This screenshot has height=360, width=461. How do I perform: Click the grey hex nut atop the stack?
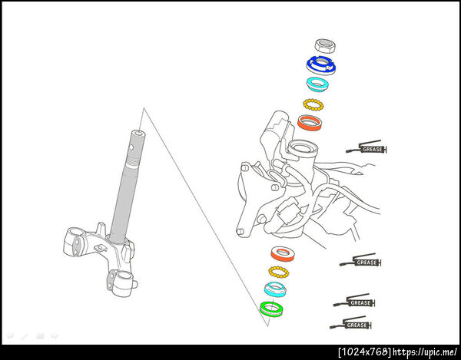tap(326, 46)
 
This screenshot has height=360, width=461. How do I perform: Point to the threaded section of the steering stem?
tap(132, 160)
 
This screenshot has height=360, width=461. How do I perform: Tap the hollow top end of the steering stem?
tap(138, 134)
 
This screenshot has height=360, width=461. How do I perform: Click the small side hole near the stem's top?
tap(131, 147)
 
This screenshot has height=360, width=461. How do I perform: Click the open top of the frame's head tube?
tap(303, 148)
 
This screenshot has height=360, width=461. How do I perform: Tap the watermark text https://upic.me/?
tap(425, 352)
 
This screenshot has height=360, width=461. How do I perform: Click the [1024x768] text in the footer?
tap(364, 352)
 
